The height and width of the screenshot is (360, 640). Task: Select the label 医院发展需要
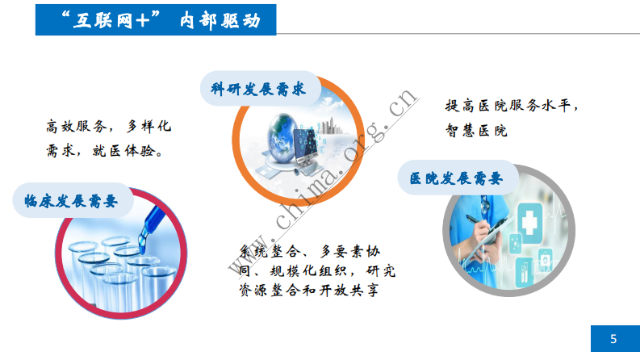click(456, 178)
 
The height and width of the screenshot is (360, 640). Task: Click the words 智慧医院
click(475, 129)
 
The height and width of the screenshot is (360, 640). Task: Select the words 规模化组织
click(308, 270)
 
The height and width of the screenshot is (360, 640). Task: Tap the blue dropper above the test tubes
click(151, 218)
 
